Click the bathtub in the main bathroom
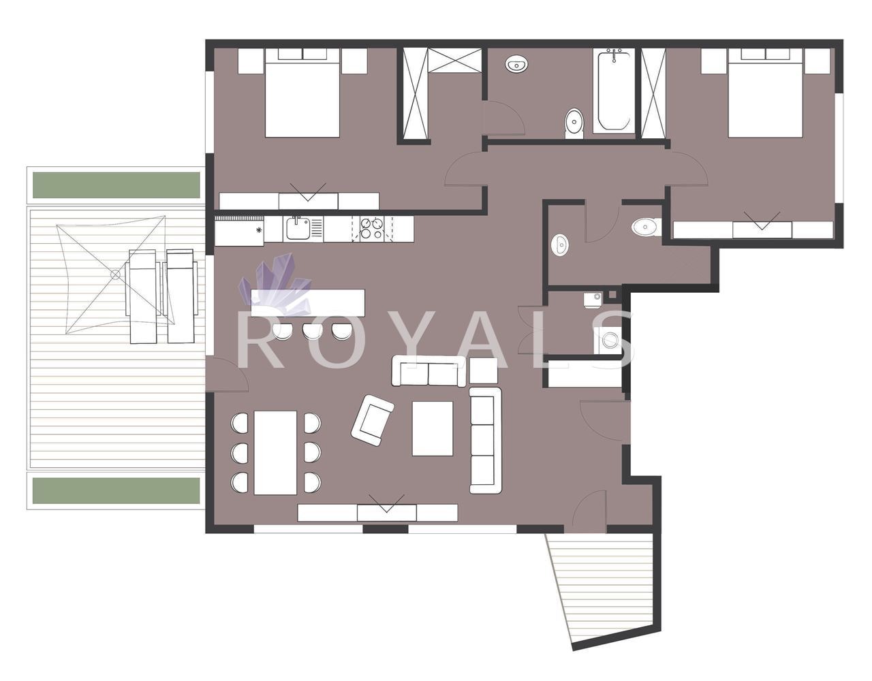tap(614, 91)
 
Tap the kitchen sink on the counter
tap(298, 229)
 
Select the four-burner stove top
tap(372, 229)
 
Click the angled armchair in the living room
tap(372, 420)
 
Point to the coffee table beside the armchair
tap(433, 428)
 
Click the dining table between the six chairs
tap(275, 453)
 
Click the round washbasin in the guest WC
tap(560, 244)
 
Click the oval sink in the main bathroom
tap(517, 64)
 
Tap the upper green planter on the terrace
tap(116, 185)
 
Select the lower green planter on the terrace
tap(116, 490)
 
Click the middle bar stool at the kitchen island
tap(311, 332)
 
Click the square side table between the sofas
tap(484, 370)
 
